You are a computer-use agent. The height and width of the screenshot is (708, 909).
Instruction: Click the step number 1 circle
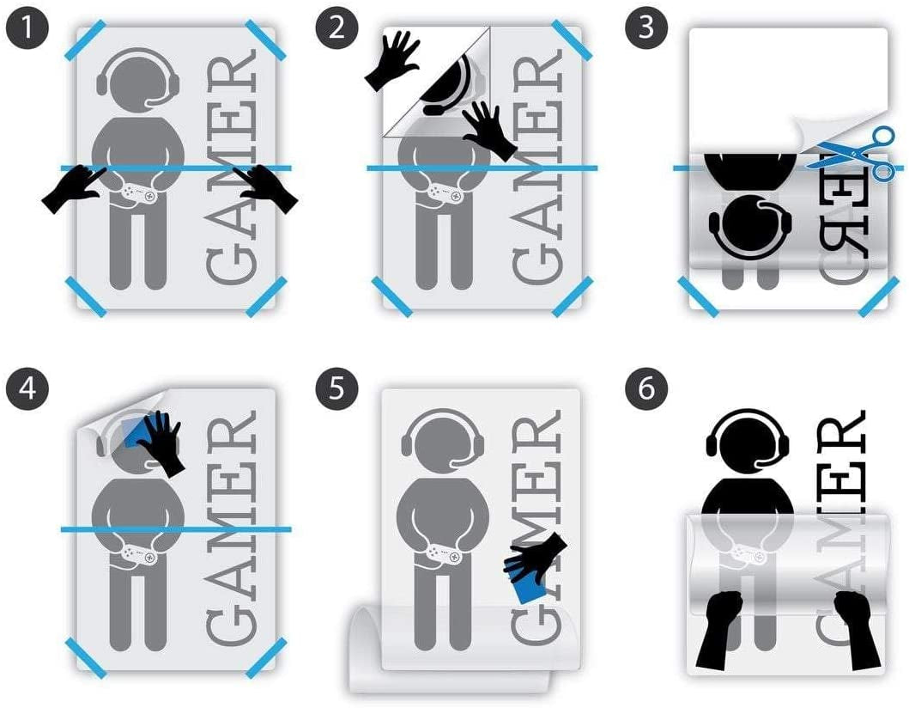(x=27, y=27)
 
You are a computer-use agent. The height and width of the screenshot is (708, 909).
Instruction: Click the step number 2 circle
(x=336, y=27)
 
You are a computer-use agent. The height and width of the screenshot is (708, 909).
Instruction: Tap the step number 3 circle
(x=646, y=27)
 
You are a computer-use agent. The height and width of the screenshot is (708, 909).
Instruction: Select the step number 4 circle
(x=27, y=388)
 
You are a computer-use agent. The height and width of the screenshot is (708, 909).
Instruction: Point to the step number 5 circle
(x=336, y=388)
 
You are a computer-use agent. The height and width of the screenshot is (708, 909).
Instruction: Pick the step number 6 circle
(x=646, y=388)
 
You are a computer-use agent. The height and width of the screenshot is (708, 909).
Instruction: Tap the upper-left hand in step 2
(x=392, y=60)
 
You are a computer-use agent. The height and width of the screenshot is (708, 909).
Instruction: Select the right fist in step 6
(x=857, y=630)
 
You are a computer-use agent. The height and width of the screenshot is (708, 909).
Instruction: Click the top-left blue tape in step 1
(x=85, y=40)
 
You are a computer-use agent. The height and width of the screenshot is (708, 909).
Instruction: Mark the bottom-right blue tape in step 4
(x=266, y=657)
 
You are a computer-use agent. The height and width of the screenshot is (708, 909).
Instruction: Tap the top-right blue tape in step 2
(x=573, y=40)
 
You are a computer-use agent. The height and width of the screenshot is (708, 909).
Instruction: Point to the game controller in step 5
(x=444, y=553)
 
